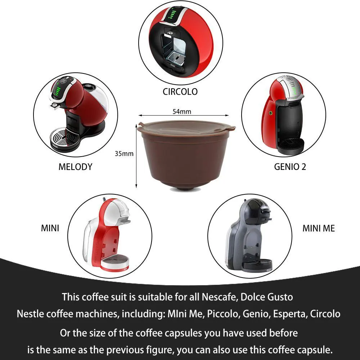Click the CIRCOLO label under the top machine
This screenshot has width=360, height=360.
(x=180, y=91)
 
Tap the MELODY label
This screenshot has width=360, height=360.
(x=75, y=167)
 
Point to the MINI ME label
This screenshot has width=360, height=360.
(x=319, y=228)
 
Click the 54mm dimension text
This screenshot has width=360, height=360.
(x=182, y=112)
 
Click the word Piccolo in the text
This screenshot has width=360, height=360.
(x=221, y=314)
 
